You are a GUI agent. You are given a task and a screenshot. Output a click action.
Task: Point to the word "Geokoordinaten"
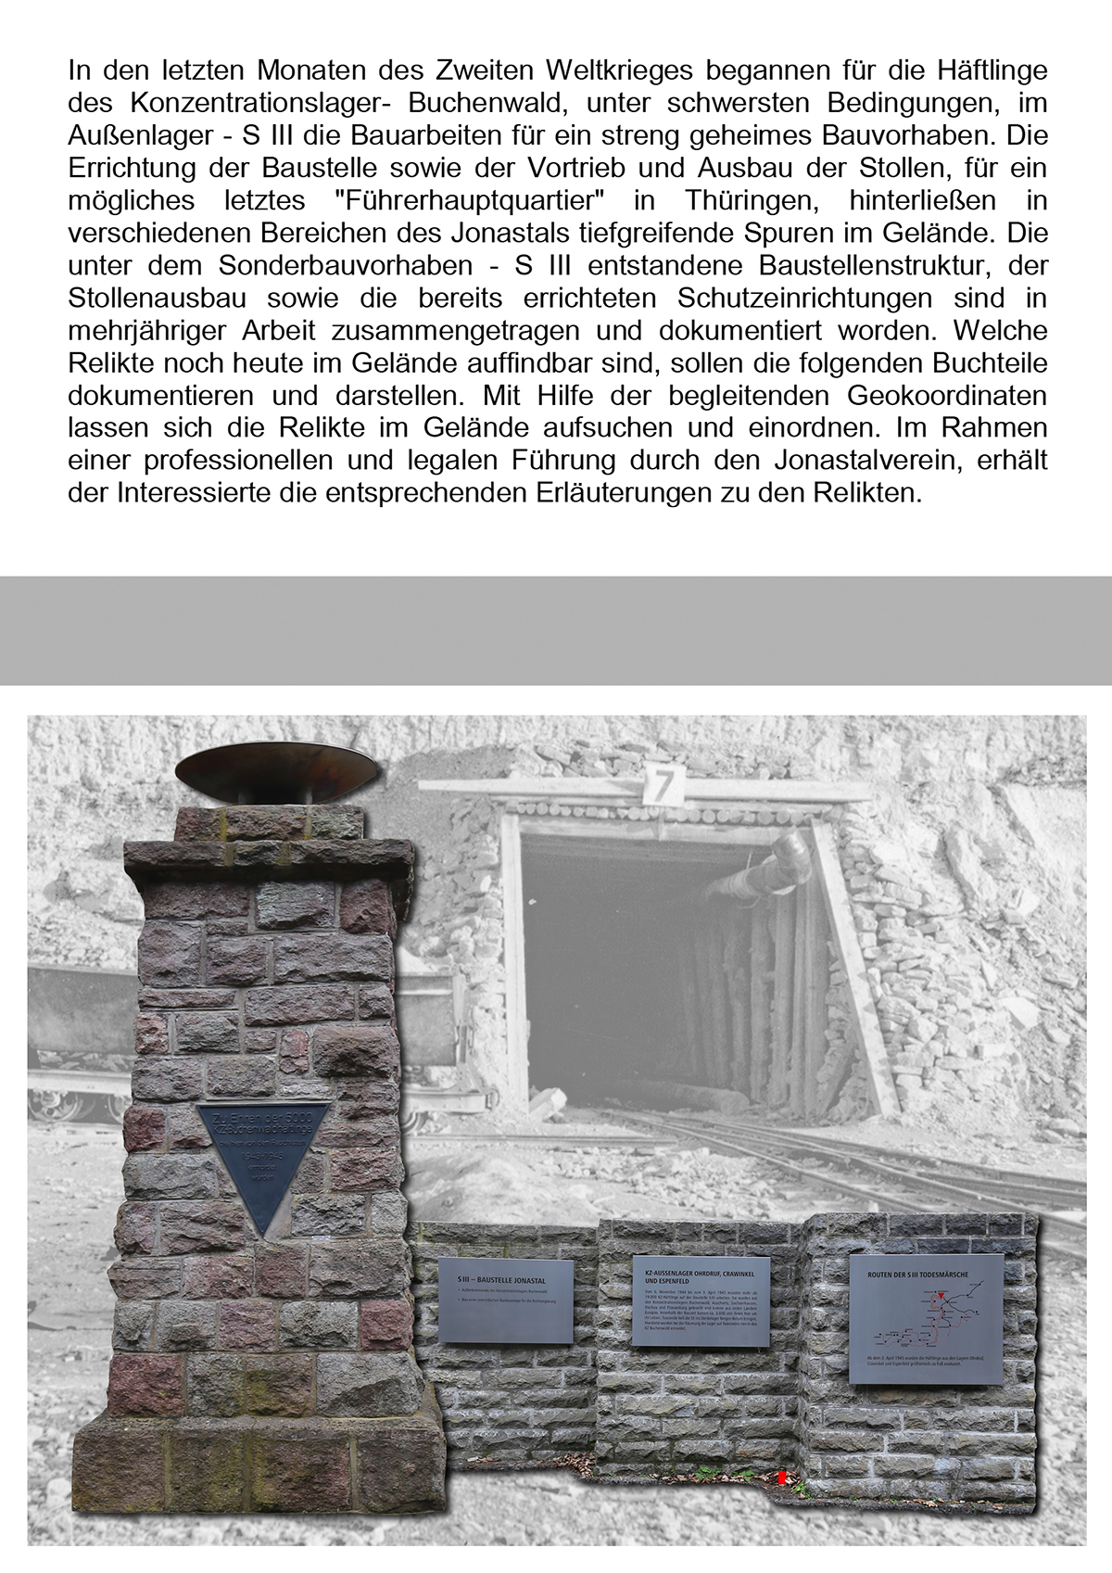pyautogui.click(x=947, y=395)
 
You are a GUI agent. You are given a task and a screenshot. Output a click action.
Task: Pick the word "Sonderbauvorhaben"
pyautogui.click(x=346, y=265)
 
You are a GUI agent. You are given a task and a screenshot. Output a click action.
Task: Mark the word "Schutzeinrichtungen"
pyautogui.click(x=805, y=298)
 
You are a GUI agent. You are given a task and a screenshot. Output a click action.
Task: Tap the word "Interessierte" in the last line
pyautogui.click(x=193, y=492)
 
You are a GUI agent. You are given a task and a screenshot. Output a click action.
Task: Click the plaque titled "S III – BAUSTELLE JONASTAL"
pyautogui.click(x=506, y=1300)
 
